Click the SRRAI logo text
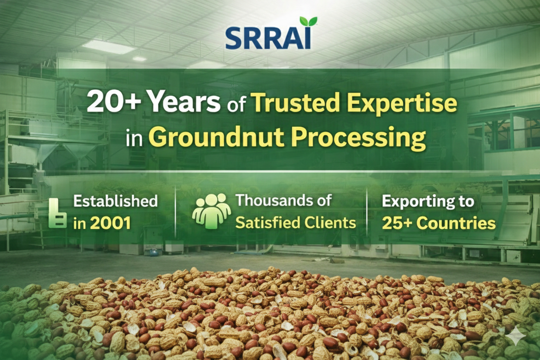(268, 39)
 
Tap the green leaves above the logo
(309, 21)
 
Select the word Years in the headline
(185, 103)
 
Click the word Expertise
(402, 104)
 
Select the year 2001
(110, 223)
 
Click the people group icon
(212, 211)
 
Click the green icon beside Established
(58, 213)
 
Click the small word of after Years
(236, 106)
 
